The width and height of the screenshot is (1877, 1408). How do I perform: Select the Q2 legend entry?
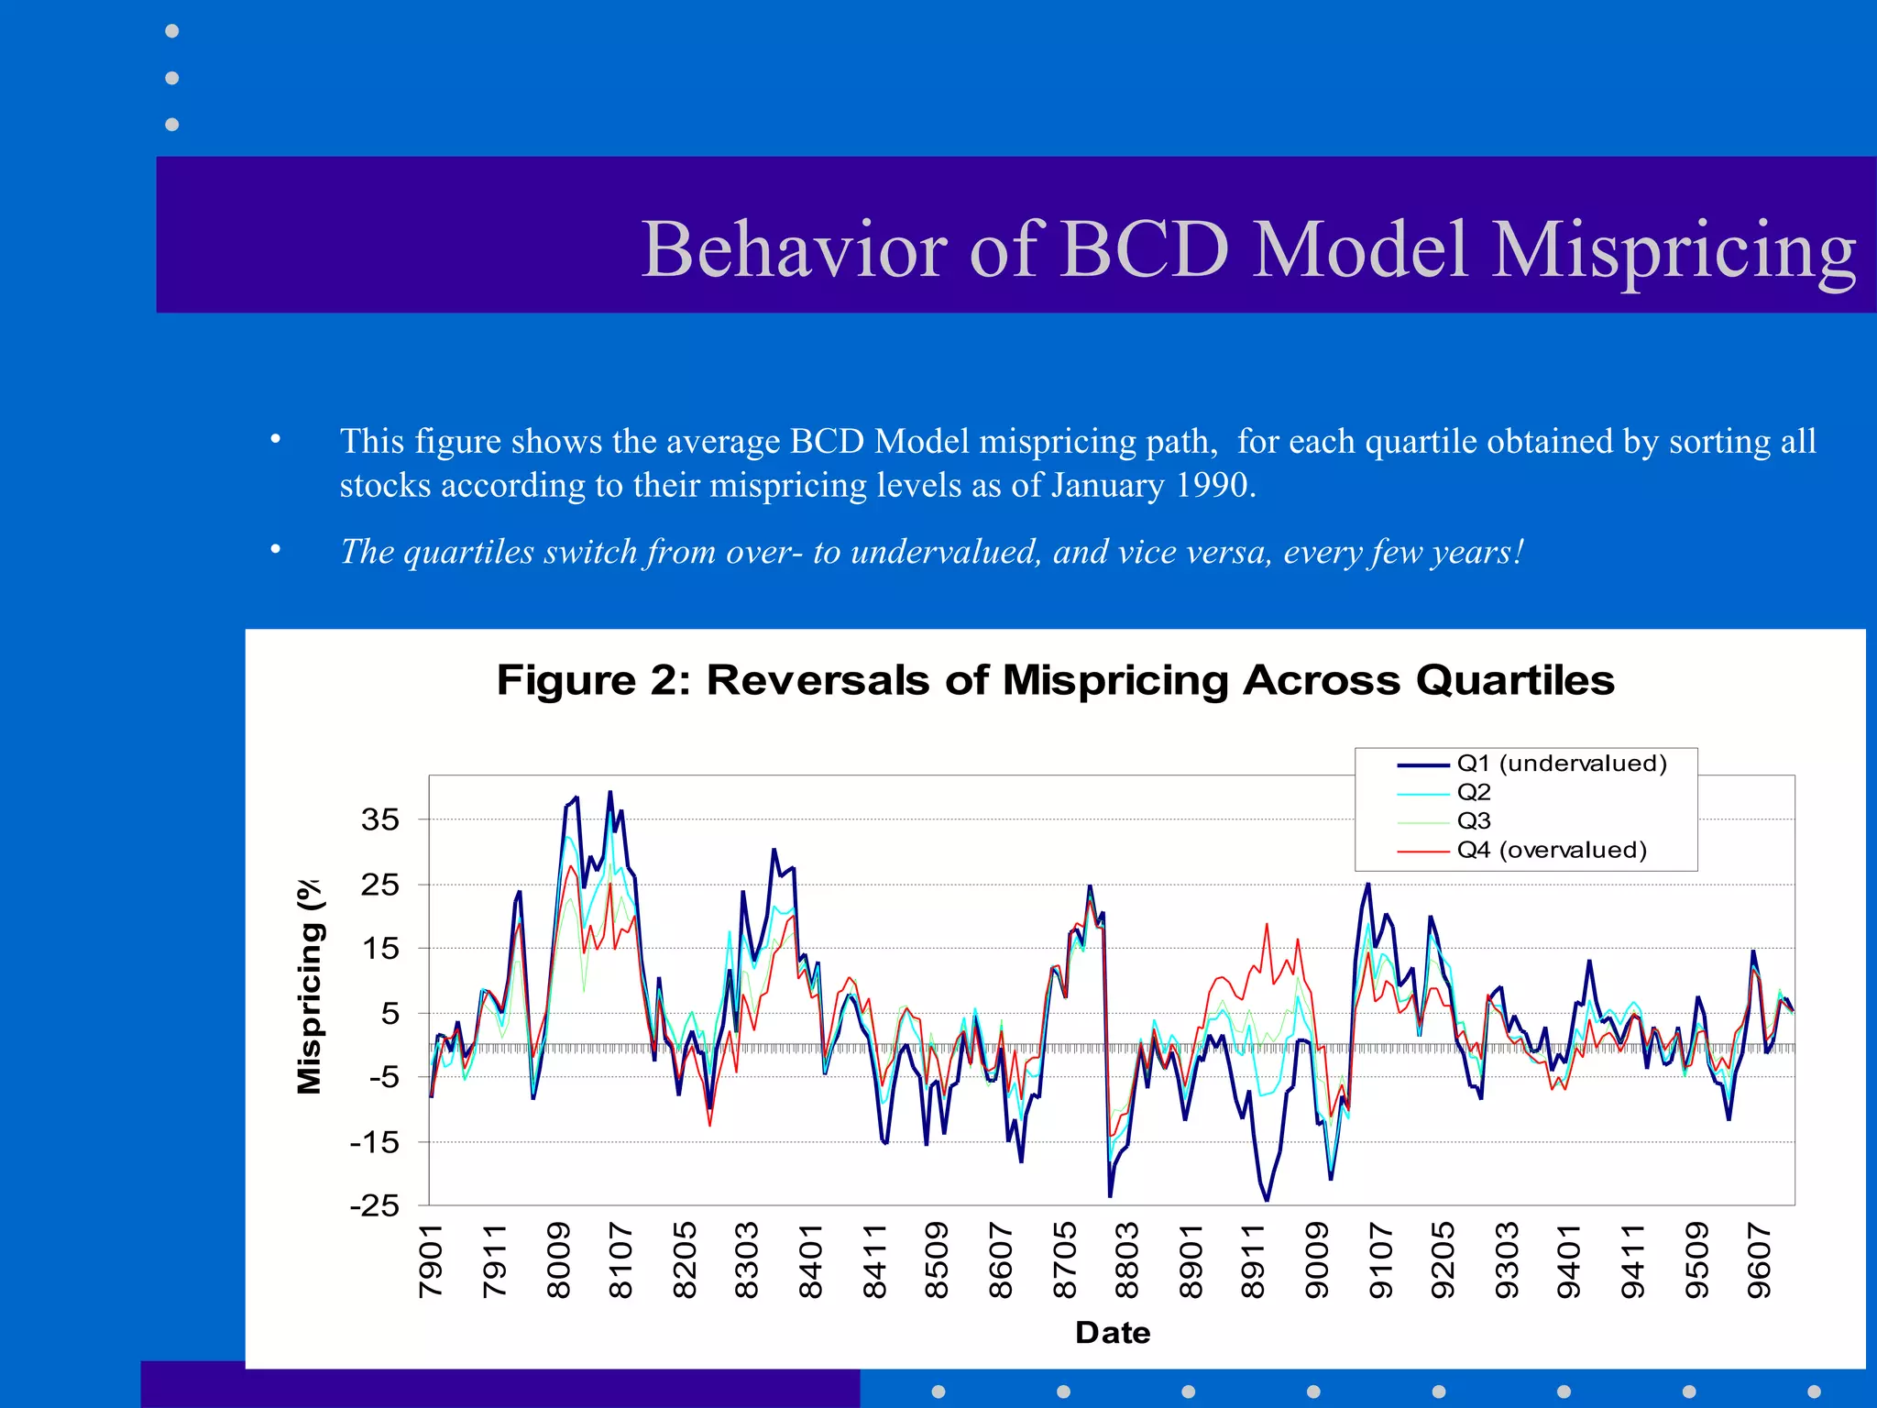(x=1474, y=792)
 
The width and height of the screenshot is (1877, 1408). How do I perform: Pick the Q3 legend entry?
(x=1474, y=820)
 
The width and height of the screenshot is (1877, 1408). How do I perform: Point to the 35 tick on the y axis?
(x=380, y=819)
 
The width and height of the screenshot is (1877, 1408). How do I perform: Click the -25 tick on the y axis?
(x=375, y=1205)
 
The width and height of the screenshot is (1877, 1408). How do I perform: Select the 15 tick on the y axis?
(x=380, y=948)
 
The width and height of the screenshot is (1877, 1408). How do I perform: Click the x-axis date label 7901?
(x=431, y=1260)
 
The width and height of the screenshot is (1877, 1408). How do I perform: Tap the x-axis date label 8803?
(x=1126, y=1260)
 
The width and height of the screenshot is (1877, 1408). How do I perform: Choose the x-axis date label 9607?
(x=1759, y=1260)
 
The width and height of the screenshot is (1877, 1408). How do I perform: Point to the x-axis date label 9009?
(x=1316, y=1260)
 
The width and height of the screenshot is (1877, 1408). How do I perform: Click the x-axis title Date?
(x=1113, y=1332)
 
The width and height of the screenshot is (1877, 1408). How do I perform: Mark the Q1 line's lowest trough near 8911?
(x=1267, y=1200)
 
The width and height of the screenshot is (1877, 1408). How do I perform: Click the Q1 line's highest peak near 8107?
(x=610, y=792)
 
